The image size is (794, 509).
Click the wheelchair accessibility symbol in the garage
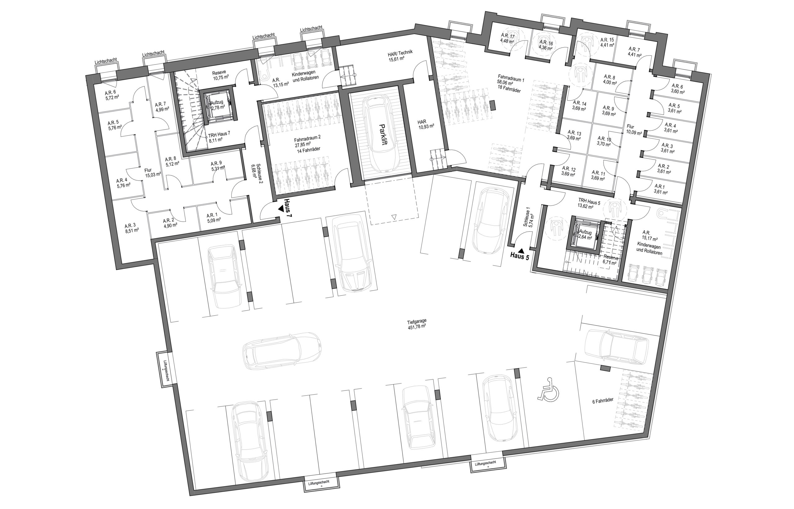[x=547, y=389]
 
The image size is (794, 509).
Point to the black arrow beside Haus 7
[x=281, y=208]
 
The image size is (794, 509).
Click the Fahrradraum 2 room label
[x=308, y=143]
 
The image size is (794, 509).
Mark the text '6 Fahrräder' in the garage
[x=603, y=400]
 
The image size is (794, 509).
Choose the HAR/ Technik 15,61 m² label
[x=400, y=56]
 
